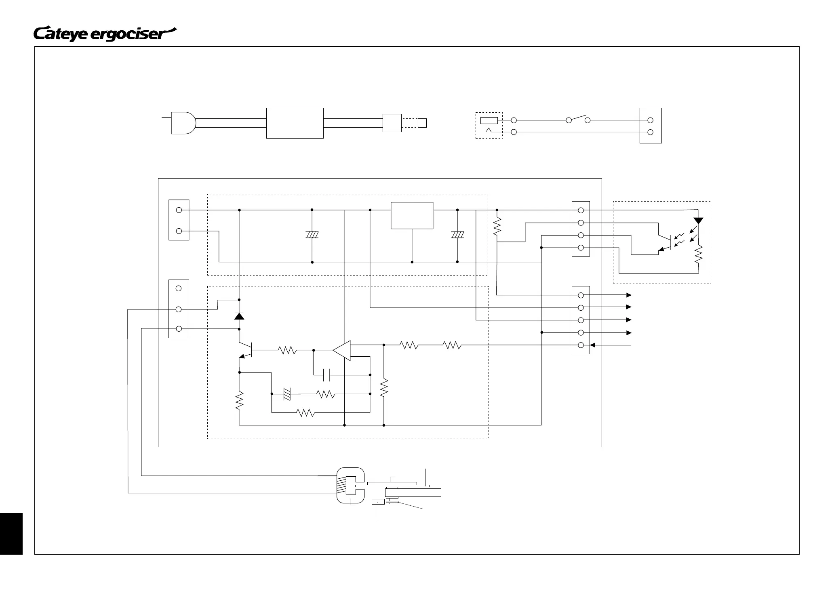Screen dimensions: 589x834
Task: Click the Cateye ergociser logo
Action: click(x=105, y=34)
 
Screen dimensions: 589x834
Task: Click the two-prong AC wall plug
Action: click(x=183, y=122)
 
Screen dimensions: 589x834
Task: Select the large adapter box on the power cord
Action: click(x=295, y=123)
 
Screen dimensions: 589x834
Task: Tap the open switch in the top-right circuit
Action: click(x=578, y=119)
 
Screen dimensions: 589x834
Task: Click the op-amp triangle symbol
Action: click(x=342, y=350)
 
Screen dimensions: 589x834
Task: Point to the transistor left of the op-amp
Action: click(x=247, y=350)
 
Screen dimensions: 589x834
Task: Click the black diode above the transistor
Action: click(x=239, y=316)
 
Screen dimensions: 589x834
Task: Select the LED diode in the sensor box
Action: click(x=698, y=221)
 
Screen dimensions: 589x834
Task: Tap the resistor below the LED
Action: click(x=698, y=255)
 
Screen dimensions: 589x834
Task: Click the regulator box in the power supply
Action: click(x=412, y=215)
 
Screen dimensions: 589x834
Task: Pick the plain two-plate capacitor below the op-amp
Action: click(x=327, y=375)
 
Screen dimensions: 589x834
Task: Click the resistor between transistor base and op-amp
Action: click(x=288, y=350)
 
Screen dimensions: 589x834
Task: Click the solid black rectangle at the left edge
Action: click(x=11, y=534)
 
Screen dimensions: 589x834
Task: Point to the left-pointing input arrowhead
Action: click(x=593, y=345)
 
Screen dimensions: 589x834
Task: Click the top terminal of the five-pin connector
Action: click(x=581, y=295)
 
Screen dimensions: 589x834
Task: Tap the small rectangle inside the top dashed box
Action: click(x=489, y=120)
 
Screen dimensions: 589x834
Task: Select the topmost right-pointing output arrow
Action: click(x=628, y=295)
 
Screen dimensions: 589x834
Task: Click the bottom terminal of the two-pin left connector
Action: click(x=179, y=231)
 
